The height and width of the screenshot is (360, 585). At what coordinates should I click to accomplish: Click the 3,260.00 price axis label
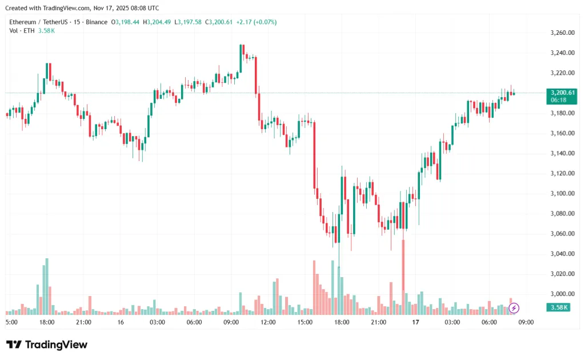click(x=560, y=33)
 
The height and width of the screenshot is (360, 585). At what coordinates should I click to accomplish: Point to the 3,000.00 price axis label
click(x=560, y=294)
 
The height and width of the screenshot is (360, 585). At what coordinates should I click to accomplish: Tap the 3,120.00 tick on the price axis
click(x=560, y=173)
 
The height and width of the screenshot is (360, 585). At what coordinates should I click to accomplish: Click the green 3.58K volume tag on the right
click(x=557, y=307)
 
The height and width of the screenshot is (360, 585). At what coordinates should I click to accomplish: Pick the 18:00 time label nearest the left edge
click(x=47, y=322)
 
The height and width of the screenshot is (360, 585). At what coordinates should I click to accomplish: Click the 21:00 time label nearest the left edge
click(x=83, y=322)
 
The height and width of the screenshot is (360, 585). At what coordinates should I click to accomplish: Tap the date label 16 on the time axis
click(x=121, y=322)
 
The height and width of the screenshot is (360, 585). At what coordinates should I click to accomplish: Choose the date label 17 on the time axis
click(x=415, y=322)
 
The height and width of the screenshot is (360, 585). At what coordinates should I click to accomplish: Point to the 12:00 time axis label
click(x=268, y=322)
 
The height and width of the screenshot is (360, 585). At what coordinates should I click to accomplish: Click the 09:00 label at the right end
click(x=526, y=322)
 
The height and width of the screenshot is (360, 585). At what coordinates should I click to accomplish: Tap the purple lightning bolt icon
click(x=514, y=308)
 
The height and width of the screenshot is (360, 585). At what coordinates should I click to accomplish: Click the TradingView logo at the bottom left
click(x=47, y=345)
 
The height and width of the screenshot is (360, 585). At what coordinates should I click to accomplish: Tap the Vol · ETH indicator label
click(x=22, y=30)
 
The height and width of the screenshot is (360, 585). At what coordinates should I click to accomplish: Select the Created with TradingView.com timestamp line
click(x=82, y=8)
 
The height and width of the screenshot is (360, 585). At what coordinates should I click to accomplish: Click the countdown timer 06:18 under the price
click(x=558, y=100)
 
